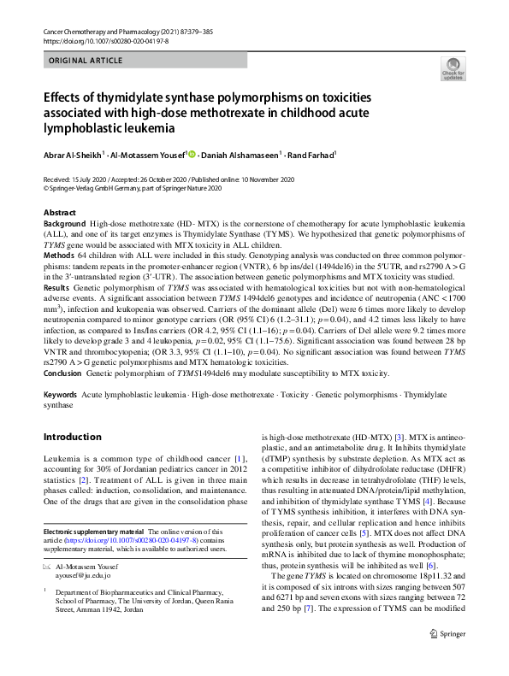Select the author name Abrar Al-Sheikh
pos(73,155)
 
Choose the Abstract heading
pos(59,212)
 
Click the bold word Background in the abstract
pos(64,221)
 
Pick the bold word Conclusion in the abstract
pos(64,373)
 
